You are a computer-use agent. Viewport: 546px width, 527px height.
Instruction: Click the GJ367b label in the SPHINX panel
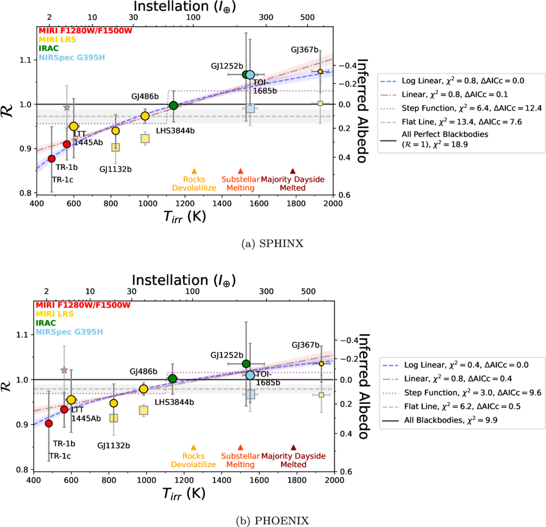304,50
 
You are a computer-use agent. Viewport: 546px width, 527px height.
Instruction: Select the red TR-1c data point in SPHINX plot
52,158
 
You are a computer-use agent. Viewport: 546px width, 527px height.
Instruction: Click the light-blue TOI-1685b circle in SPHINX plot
250,75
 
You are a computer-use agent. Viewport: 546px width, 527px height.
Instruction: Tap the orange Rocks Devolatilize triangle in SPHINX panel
194,171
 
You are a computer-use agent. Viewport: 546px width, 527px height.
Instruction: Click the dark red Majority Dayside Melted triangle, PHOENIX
293,448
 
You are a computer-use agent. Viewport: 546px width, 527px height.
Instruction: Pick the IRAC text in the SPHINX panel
48,48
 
